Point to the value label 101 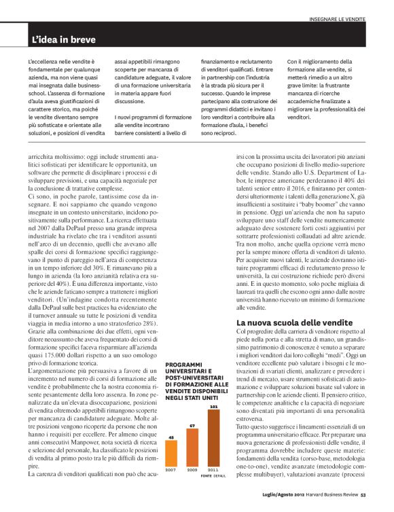pos(213,407)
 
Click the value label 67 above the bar pos(192,426)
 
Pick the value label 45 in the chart pos(172,437)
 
